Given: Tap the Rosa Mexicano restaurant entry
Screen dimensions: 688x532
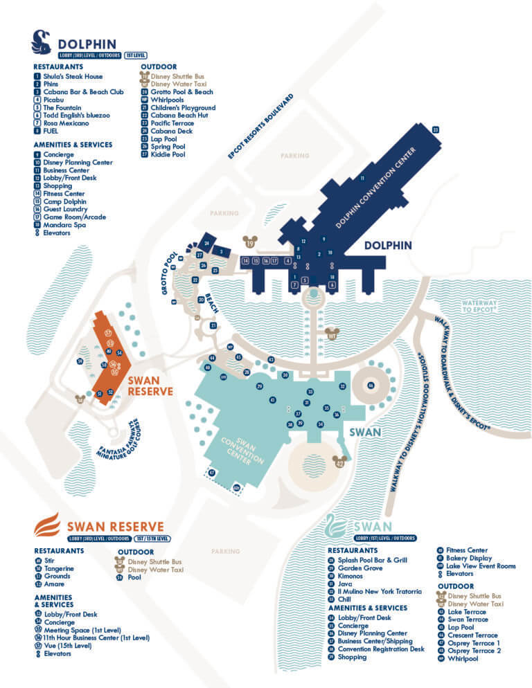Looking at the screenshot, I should point(66,123).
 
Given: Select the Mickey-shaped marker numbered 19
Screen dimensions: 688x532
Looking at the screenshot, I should point(250,242).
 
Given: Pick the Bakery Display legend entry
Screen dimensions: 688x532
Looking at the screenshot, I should point(469,558).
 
